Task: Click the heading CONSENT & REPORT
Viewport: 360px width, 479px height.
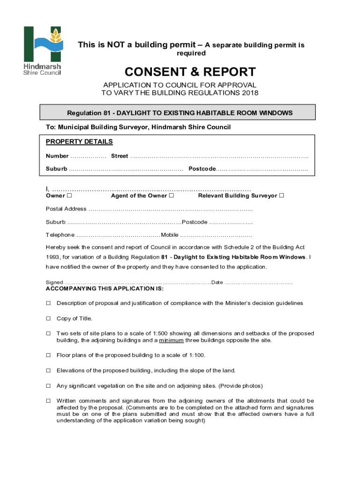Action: pyautogui.click(x=190, y=72)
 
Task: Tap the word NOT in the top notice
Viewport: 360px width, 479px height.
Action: pyautogui.click(x=118, y=45)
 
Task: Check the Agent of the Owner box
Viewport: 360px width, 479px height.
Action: pyautogui.click(x=172, y=196)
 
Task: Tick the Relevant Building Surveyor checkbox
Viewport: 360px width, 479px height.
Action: pyautogui.click(x=281, y=196)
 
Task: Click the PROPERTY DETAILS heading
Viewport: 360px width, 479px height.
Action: pyautogui.click(x=79, y=142)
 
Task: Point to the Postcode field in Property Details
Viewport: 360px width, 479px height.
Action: pyautogui.click(x=262, y=168)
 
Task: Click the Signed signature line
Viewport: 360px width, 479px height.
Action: pyautogui.click(x=137, y=283)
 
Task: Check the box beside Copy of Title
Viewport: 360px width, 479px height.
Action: pyautogui.click(x=48, y=319)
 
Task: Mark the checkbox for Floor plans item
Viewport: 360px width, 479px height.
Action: pyautogui.click(x=48, y=356)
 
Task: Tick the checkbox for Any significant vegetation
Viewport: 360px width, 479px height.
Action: pyautogui.click(x=48, y=386)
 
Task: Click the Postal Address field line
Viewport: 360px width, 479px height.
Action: pyautogui.click(x=170, y=209)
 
